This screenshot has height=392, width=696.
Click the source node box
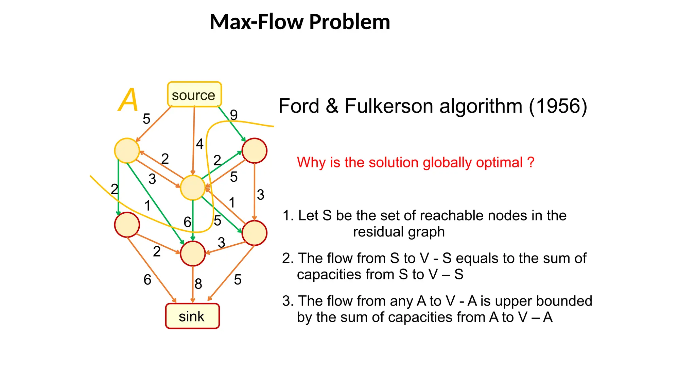194,95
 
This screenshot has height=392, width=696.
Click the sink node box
192,316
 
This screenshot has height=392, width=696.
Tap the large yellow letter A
128,100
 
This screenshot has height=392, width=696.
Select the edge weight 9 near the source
233,115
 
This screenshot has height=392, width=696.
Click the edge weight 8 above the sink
198,284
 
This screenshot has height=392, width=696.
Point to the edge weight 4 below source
199,144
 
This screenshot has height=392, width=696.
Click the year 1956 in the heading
558,106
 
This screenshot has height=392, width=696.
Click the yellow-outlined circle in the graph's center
193,187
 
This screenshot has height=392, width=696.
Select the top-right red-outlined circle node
254,150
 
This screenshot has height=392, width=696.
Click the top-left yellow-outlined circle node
127,150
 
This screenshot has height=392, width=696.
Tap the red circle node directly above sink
193,254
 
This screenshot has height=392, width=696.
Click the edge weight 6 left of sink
147,280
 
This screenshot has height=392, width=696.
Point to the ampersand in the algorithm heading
332,106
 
